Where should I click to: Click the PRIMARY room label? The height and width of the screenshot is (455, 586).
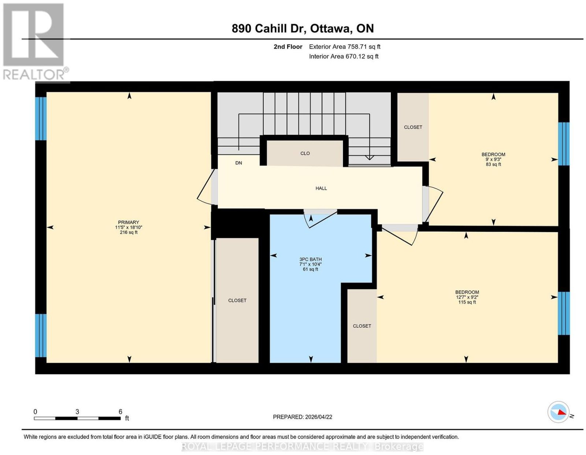pos(128,222)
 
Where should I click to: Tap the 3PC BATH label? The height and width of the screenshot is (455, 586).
pos(310,259)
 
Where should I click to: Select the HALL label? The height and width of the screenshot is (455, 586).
pos(321,188)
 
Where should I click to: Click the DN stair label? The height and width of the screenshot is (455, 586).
pos(239,163)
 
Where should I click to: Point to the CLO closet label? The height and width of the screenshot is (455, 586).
pos(305,153)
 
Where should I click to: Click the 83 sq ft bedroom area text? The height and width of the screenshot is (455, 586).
pos(493,164)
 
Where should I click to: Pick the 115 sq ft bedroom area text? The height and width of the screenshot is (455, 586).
pos(467,302)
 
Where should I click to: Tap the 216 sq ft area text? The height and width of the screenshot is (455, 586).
pos(129,232)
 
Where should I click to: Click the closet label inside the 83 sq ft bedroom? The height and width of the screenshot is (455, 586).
pos(413,127)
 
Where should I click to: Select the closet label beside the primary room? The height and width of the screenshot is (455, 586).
pos(237,301)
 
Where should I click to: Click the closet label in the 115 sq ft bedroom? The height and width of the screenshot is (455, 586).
pos(362,326)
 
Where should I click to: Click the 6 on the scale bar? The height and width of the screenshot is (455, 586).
pos(120,412)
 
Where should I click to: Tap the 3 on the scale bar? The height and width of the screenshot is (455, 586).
pos(77,412)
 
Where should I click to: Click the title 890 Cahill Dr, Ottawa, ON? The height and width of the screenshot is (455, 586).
pos(303,29)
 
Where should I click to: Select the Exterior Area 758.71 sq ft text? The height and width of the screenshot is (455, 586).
pos(345,47)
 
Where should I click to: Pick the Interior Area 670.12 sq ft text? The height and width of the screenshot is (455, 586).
pos(344,57)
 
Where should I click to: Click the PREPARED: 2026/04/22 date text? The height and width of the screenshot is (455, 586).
pos(303,417)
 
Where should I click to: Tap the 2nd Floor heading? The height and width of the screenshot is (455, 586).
pos(288,47)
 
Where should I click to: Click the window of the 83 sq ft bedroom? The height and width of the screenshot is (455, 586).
pos(564,144)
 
